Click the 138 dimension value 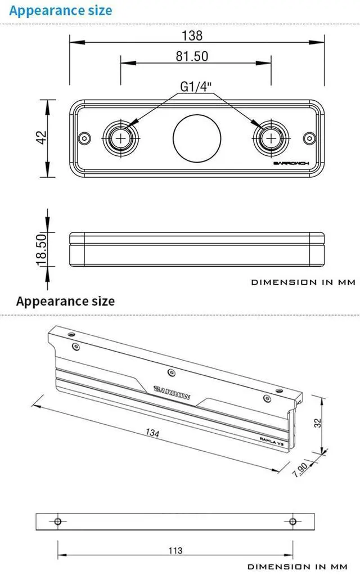pyautogui.click(x=192, y=35)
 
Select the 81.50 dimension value pyautogui.click(x=192, y=56)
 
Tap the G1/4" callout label pyautogui.click(x=196, y=87)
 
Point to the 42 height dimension pyautogui.click(x=42, y=137)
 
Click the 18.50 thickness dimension pyautogui.click(x=42, y=249)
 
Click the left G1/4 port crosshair pyautogui.click(x=120, y=138)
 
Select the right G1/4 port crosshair pyautogui.click(x=271, y=138)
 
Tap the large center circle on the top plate pyautogui.click(x=197, y=138)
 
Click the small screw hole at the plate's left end pyautogui.click(x=85, y=138)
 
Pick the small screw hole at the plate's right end pyautogui.click(x=310, y=138)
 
